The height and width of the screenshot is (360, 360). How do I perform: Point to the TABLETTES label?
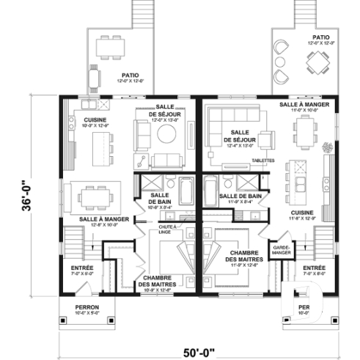coord(262,160)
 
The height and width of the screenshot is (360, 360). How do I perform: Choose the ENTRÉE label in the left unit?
coord(82,270)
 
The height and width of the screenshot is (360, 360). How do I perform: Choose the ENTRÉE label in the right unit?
coord(314,270)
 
